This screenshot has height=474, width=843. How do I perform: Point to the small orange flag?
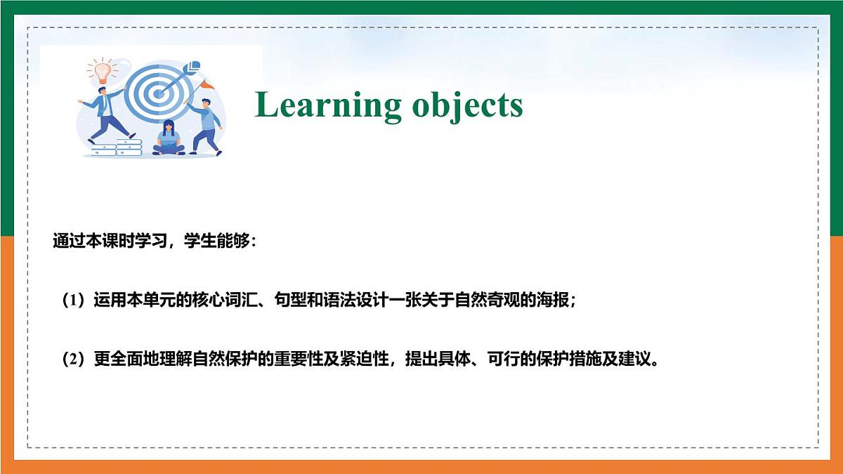(207, 84)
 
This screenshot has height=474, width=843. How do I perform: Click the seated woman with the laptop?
(169, 139)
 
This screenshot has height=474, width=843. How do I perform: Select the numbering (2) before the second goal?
(73, 360)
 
